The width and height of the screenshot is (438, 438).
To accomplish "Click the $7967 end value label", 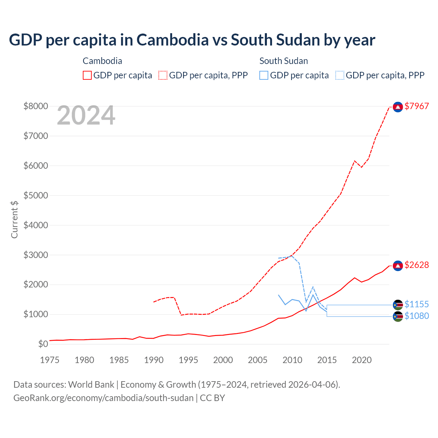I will tap(416, 106).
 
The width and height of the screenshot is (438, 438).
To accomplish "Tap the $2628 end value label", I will tap(416, 265).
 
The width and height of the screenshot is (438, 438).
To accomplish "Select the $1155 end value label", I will tap(416, 304).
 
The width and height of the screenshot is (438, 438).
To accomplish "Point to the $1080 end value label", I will tap(416, 316).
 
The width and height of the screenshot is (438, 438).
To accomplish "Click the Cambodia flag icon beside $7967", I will tap(398, 107).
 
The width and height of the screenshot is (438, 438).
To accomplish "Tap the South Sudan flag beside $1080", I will tap(398, 317).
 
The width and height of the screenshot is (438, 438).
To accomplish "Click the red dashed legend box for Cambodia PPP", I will tap(163, 75).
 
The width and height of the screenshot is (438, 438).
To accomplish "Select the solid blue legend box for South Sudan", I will tap(264, 75).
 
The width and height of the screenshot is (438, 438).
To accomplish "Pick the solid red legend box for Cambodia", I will tap(87, 75).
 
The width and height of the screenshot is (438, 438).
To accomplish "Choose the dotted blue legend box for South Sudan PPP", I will tap(340, 75).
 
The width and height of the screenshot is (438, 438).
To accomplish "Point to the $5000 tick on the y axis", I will tap(36, 195).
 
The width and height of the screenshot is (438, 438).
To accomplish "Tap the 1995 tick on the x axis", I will tap(189, 360).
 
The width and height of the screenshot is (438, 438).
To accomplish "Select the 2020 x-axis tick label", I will tap(362, 360).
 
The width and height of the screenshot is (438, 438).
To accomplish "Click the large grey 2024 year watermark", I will tap(86, 116).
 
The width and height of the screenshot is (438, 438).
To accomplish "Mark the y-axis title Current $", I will tap(14, 219).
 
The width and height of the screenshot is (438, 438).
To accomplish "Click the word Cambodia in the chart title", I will tap(172, 40).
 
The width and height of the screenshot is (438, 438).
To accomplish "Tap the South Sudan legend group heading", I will tap(284, 61).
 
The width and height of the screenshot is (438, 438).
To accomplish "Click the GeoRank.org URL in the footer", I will tap(103, 398).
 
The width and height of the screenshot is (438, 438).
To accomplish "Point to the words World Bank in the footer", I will tap(91, 385).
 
